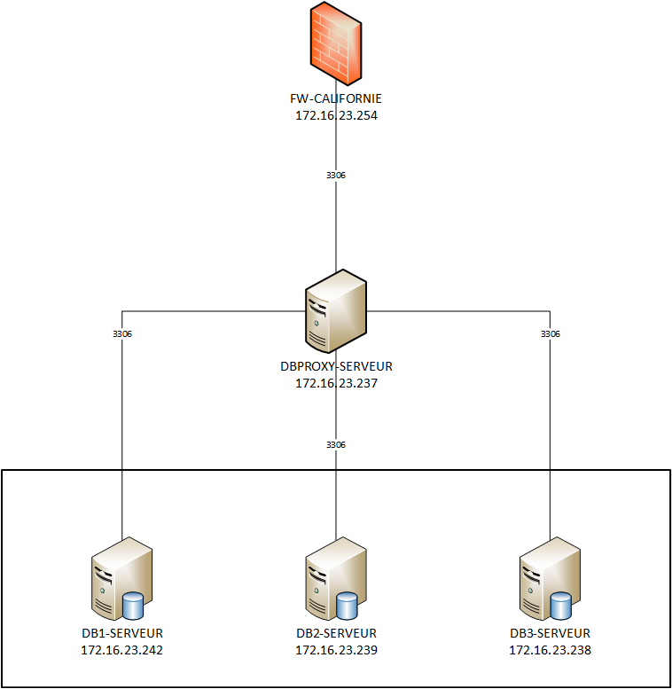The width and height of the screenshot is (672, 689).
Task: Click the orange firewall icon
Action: (x=336, y=44)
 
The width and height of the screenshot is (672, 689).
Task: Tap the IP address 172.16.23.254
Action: (x=336, y=115)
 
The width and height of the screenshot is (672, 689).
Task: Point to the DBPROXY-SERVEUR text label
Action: (x=336, y=365)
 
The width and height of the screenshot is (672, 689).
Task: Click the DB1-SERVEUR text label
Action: (x=121, y=633)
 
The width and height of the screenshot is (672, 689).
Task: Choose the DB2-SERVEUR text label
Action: (x=336, y=633)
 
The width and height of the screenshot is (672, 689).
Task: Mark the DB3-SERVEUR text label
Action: (x=550, y=633)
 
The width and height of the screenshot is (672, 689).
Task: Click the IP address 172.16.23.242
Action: (x=121, y=650)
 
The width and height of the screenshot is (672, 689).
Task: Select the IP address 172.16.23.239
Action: (x=336, y=650)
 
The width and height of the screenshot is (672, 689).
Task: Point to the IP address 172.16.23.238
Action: (x=550, y=650)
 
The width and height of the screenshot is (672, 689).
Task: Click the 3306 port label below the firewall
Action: (x=336, y=176)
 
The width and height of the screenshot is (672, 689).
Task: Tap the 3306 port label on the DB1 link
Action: (x=121, y=334)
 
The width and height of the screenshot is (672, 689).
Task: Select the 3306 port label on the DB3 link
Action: (x=550, y=334)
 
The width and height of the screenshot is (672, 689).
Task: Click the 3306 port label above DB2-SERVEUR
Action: (x=336, y=444)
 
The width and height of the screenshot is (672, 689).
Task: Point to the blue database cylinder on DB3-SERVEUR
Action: (x=560, y=606)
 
